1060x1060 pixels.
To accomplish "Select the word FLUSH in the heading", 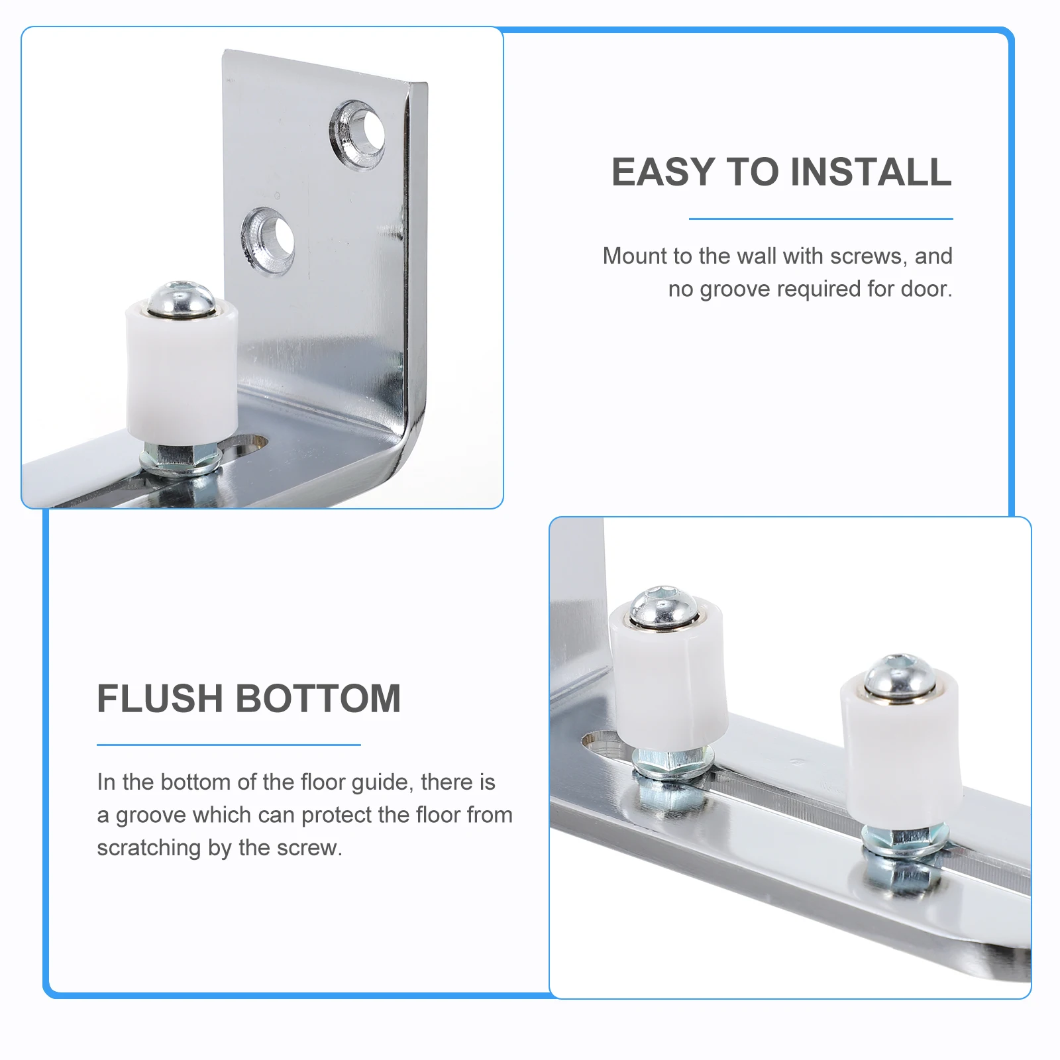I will (160, 699).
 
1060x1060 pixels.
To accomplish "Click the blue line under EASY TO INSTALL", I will (820, 219).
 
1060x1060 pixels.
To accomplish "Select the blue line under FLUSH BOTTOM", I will (229, 745).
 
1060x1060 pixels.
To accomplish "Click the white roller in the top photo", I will (181, 371).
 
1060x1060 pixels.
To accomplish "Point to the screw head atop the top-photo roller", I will (181, 298).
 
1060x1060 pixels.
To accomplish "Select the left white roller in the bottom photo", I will (669, 676).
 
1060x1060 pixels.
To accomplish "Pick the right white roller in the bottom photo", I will (901, 749).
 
